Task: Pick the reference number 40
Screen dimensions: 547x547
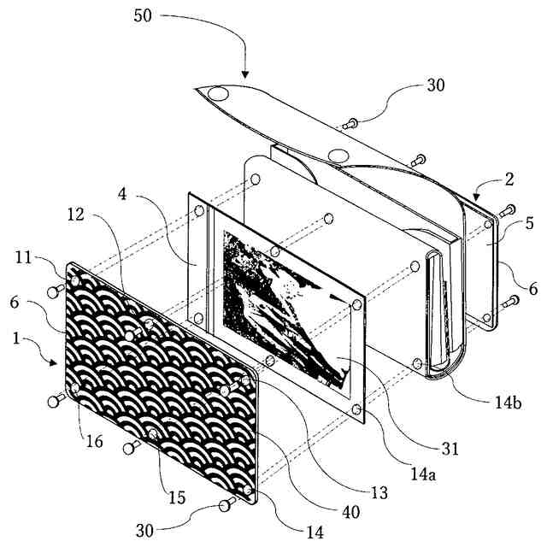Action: pyautogui.click(x=349, y=512)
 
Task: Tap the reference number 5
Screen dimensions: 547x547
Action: pyautogui.click(x=528, y=225)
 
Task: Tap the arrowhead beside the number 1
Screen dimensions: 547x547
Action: pyautogui.click(x=57, y=362)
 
